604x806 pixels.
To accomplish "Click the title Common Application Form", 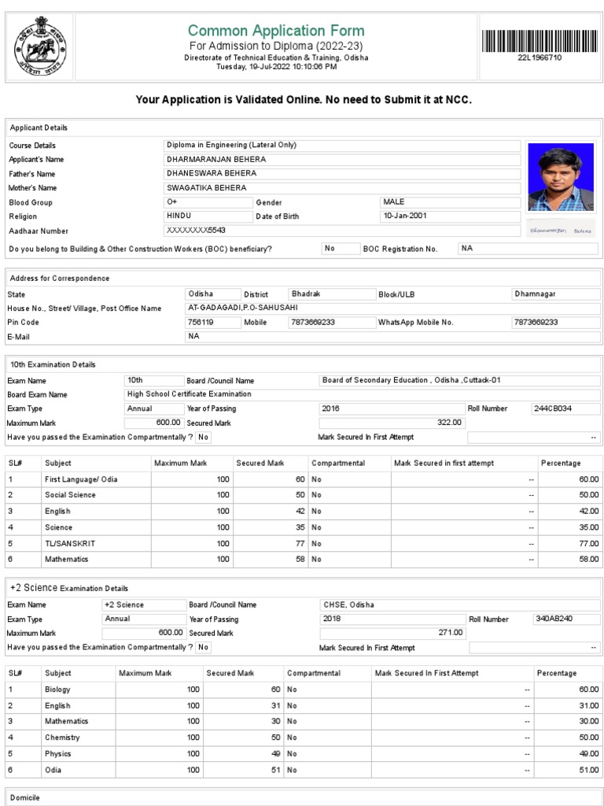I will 276,31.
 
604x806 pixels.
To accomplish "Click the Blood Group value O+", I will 173,202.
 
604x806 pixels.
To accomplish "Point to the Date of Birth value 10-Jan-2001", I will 405,216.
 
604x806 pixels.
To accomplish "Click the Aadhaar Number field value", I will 194,230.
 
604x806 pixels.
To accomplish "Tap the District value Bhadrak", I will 307,294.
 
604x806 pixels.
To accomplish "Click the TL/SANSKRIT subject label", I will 71,543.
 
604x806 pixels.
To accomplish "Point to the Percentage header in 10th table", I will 561,463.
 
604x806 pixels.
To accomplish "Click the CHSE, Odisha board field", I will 349,604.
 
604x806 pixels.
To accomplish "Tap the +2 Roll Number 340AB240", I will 554,619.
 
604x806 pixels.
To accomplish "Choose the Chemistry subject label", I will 62,738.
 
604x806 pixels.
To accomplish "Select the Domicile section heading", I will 24,797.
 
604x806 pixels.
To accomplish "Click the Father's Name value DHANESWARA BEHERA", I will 211,173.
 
